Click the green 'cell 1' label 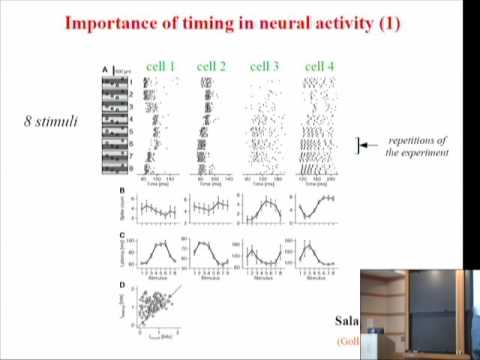click(159, 67)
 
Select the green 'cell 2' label click(212, 67)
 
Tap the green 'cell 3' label click(264, 67)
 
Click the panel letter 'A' click(104, 69)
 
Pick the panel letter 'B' click(123, 191)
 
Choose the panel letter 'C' click(123, 235)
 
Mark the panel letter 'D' click(123, 285)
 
